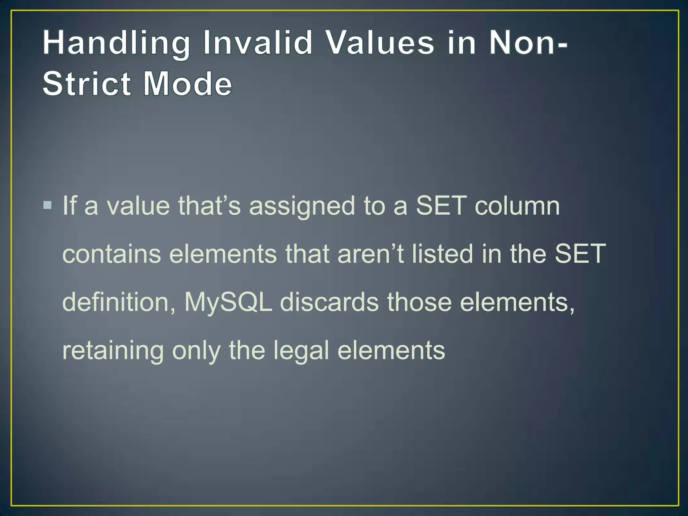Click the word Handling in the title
(116, 44)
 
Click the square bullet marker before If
(48, 205)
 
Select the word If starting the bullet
(69, 205)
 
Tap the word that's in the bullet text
(209, 205)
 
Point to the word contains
(112, 254)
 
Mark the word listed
(442, 254)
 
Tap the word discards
(329, 302)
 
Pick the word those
(419, 302)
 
